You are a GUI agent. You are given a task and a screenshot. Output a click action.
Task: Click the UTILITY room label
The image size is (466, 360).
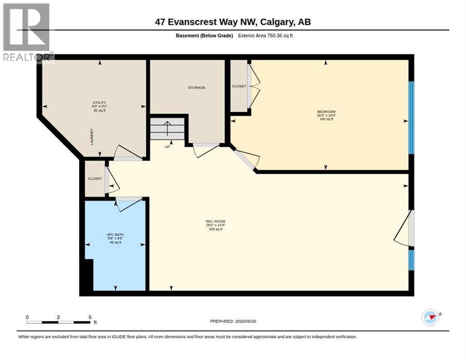[x=99, y=103]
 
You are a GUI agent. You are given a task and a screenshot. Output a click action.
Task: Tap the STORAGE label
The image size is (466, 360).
[x=196, y=88]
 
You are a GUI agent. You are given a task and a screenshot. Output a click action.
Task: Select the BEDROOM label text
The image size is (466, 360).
[x=326, y=112]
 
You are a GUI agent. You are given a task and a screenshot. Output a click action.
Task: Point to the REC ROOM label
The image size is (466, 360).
[x=216, y=221]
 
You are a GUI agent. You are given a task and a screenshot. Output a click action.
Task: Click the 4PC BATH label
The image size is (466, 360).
[x=115, y=235]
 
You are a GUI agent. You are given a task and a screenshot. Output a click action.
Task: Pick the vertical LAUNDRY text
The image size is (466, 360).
[x=92, y=137]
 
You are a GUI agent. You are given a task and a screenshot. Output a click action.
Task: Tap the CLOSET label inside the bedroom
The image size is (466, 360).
[x=239, y=86]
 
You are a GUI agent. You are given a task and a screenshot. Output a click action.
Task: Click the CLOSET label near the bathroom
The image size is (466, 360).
[x=95, y=179]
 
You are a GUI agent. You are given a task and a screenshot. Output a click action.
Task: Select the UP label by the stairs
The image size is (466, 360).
[x=167, y=147]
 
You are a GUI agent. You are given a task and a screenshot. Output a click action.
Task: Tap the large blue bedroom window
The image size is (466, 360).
[x=411, y=118]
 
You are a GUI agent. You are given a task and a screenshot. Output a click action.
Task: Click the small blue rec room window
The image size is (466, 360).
[x=411, y=260]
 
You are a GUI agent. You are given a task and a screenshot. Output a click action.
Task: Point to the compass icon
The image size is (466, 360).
[x=430, y=317]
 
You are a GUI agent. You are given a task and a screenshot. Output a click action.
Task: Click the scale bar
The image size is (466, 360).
[x=58, y=322]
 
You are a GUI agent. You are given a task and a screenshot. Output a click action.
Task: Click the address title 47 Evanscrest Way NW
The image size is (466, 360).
[x=207, y=22]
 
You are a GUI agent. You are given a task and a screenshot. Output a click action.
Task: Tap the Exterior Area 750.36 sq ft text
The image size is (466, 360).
[x=265, y=36]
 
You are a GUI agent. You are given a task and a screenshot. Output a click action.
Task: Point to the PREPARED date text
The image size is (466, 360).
[x=233, y=322]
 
